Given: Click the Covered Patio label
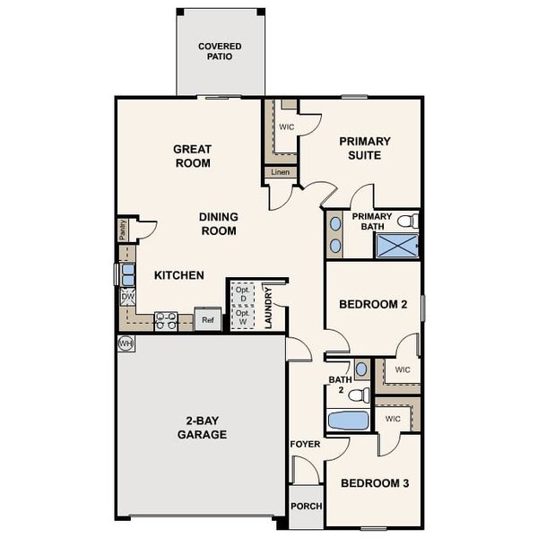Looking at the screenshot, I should click(221, 50).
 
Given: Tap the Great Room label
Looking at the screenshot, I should click(193, 156).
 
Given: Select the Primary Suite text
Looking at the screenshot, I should click(365, 148).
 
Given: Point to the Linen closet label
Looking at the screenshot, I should click(281, 172).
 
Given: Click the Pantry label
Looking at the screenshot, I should click(123, 230).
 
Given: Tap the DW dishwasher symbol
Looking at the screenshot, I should click(127, 297).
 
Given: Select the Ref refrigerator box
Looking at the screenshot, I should click(207, 319).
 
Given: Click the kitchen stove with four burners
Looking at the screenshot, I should click(166, 320).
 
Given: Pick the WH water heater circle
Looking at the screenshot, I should click(125, 343).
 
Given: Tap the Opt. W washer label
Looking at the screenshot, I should click(242, 317).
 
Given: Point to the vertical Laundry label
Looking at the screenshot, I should click(269, 308).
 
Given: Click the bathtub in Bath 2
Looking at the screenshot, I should click(347, 420).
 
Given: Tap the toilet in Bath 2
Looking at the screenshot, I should click(360, 394).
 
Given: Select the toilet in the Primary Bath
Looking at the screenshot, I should click(407, 221).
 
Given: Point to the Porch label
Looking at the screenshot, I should click(305, 507).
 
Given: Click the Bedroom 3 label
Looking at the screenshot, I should click(374, 483).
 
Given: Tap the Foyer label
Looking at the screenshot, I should click(305, 444).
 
